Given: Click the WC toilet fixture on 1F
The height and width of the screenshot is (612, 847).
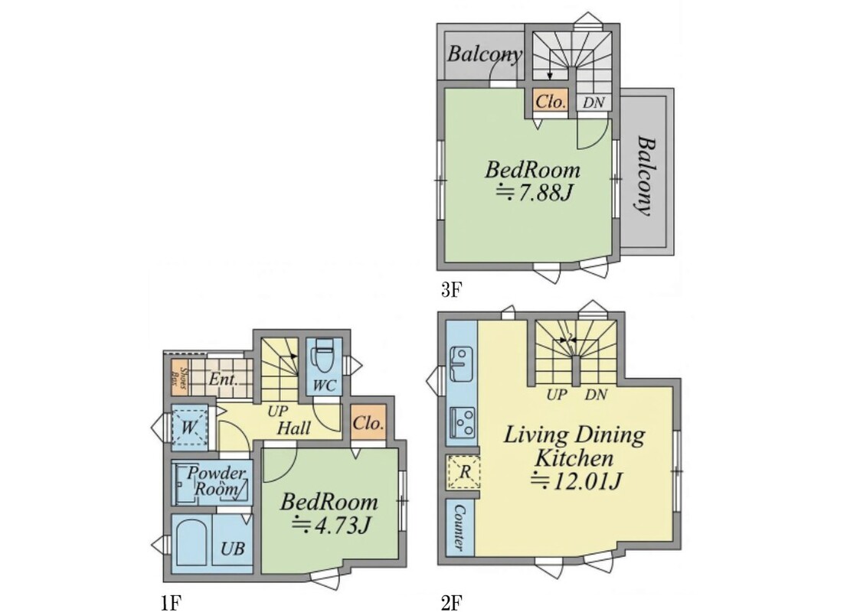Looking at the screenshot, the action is click(x=324, y=356).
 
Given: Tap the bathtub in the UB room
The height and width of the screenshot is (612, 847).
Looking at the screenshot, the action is click(x=191, y=542).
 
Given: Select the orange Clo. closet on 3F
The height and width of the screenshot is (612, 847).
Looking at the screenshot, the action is click(x=551, y=102).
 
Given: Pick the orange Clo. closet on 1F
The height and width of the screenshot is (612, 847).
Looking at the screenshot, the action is click(x=368, y=422).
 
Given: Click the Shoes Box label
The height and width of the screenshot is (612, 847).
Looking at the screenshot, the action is click(x=182, y=378).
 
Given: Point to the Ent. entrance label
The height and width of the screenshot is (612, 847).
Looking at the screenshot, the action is click(x=223, y=379).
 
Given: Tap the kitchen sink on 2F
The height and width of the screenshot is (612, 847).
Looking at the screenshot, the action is click(x=461, y=363).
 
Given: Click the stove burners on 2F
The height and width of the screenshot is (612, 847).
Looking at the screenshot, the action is click(x=463, y=422).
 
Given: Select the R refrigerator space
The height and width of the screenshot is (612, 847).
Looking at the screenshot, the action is click(x=463, y=473).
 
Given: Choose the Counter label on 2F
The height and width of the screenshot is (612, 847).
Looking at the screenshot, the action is click(x=459, y=528).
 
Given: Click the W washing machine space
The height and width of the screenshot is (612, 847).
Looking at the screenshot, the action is click(x=189, y=427).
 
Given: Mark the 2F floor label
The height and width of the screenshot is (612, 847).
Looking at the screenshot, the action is click(x=451, y=603).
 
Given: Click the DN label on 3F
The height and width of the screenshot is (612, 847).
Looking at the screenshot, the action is click(x=593, y=103).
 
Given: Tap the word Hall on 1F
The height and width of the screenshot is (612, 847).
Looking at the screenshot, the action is click(x=293, y=428).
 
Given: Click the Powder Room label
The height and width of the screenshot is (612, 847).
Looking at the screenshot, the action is click(x=215, y=481).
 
